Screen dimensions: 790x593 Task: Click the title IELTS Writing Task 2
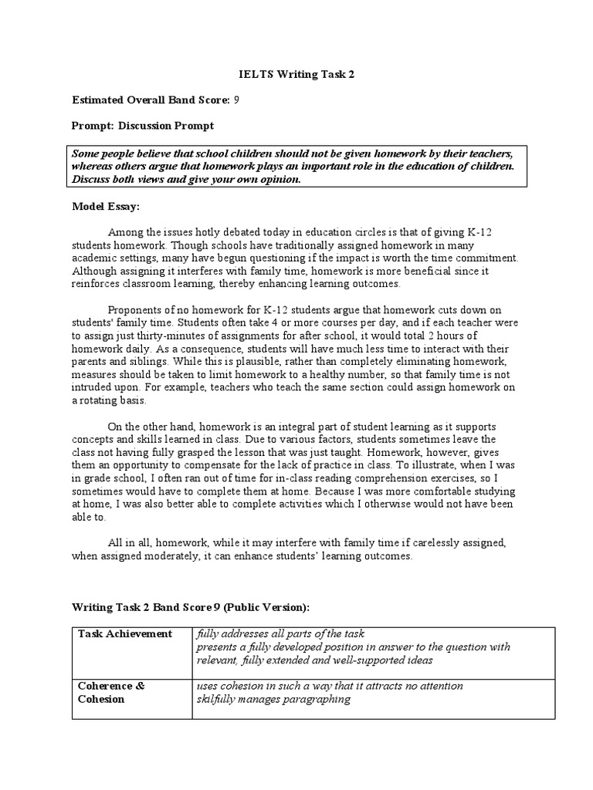(x=296, y=74)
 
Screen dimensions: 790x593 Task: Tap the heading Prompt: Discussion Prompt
(x=143, y=125)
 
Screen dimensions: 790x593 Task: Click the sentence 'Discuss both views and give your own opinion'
(x=185, y=179)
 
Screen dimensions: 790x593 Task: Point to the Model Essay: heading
(x=106, y=207)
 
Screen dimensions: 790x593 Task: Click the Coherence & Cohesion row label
(x=112, y=692)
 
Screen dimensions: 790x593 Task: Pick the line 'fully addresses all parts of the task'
(x=280, y=633)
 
